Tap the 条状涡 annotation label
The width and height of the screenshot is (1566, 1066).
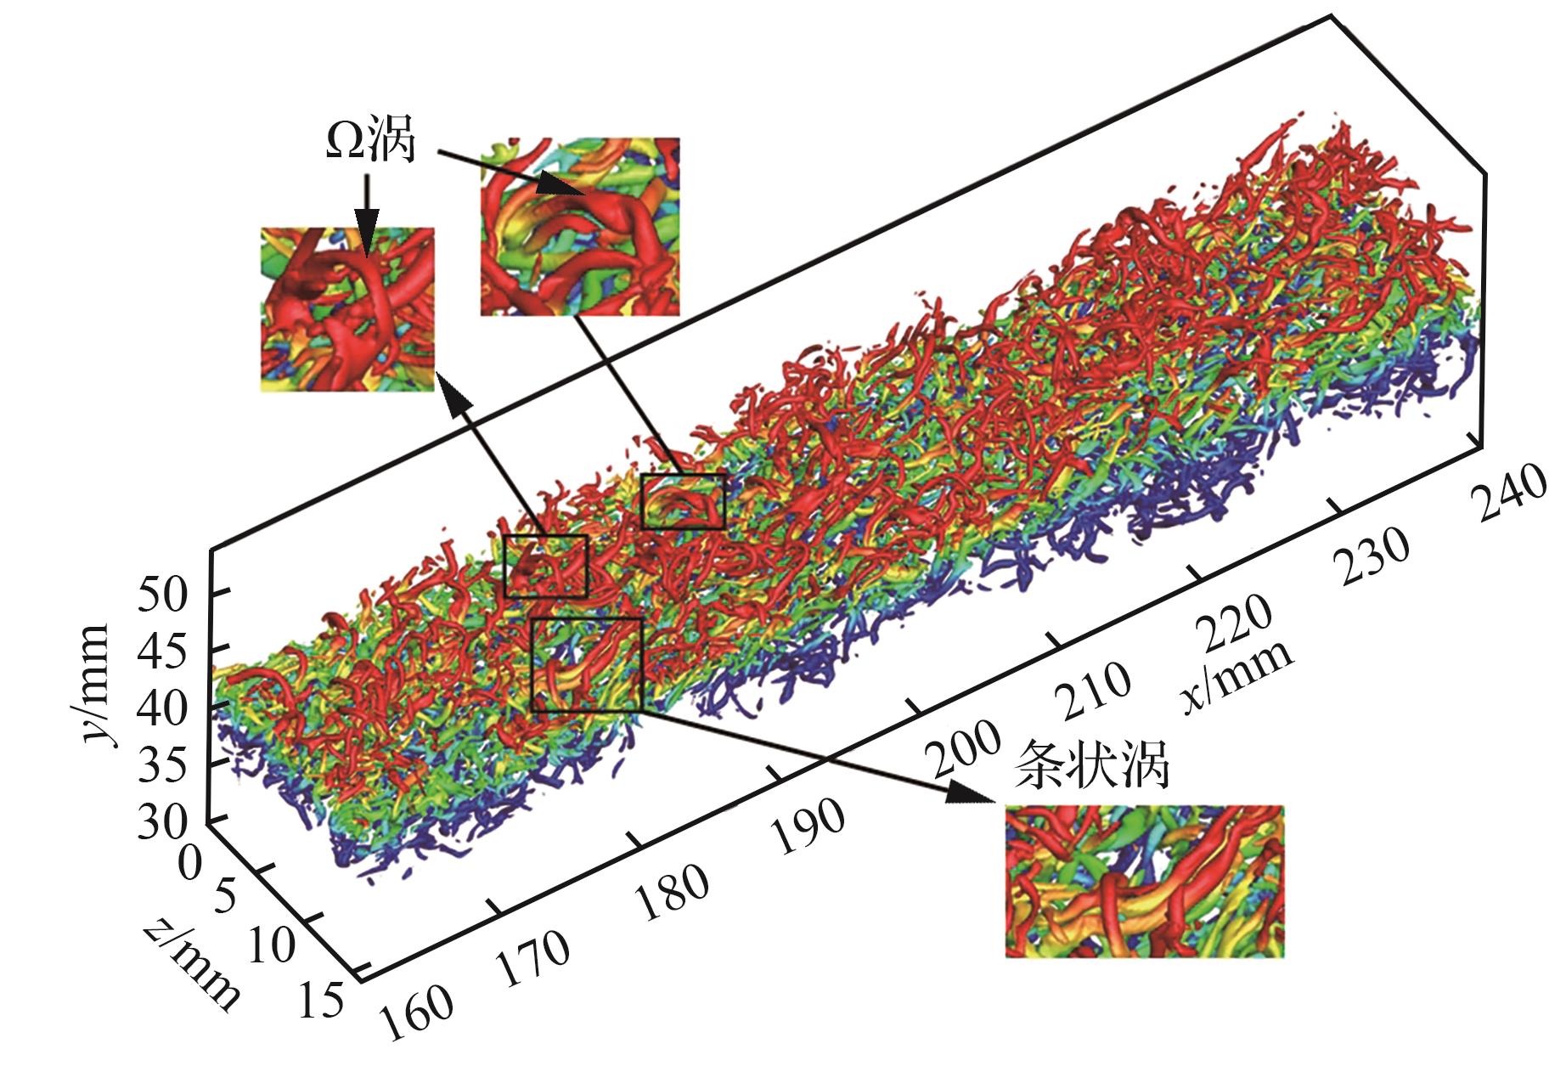(1093, 765)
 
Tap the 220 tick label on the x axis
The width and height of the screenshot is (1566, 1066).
(1236, 624)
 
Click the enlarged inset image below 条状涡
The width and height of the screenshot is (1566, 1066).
(1144, 881)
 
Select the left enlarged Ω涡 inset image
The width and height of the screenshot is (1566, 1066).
(347, 309)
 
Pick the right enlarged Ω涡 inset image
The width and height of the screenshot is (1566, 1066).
(580, 227)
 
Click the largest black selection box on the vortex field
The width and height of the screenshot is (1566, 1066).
(586, 663)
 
